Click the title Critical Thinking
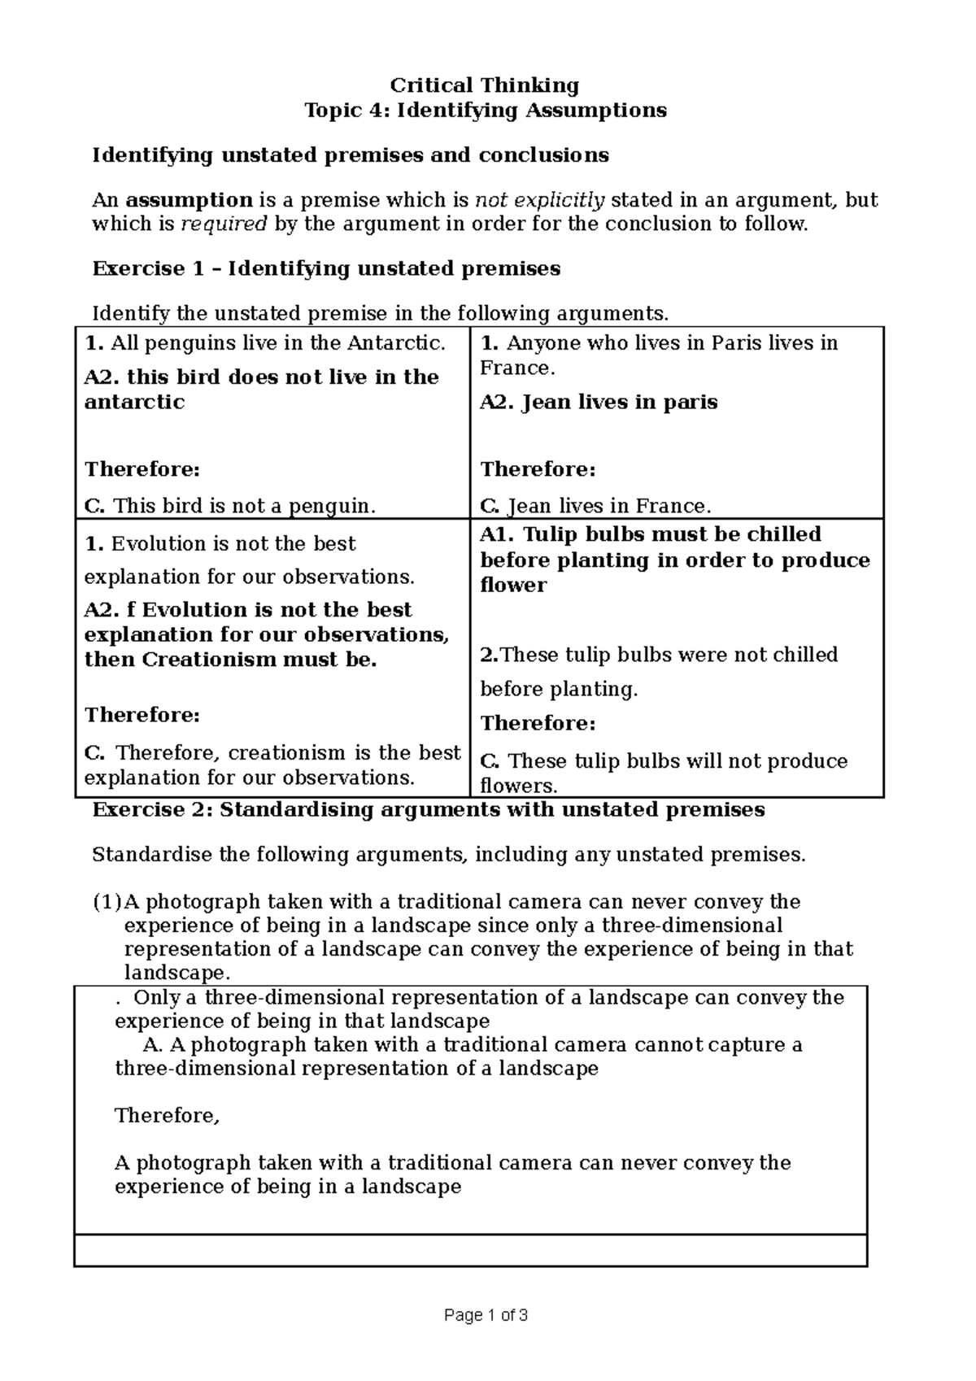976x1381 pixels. point(485,85)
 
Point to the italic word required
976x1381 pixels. point(224,224)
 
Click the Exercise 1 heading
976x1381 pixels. point(326,269)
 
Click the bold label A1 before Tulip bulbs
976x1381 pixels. point(497,534)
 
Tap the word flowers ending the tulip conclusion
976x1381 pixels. point(519,786)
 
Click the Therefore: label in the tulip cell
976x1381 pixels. point(538,724)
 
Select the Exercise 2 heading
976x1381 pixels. point(429,810)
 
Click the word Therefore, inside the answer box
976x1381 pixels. point(168,1116)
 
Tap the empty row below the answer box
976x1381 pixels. point(470,1250)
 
